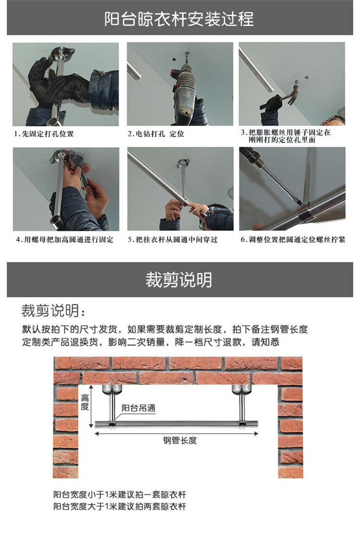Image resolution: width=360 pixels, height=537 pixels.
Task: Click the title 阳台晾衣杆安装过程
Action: pyautogui.click(x=179, y=19)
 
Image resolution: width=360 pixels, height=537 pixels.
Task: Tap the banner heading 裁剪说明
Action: pyautogui.click(x=179, y=280)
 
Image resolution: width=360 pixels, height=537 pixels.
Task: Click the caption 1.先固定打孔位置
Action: pyautogui.click(x=44, y=134)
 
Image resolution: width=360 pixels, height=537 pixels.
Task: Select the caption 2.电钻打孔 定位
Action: pyautogui.click(x=156, y=134)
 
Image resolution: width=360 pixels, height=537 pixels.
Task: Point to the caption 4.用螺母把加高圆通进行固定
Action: pyautogui.click(x=65, y=239)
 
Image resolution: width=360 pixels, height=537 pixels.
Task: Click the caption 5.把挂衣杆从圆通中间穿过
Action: pyautogui.click(x=173, y=239)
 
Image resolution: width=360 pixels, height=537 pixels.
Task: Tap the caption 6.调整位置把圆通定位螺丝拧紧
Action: pyautogui.click(x=293, y=239)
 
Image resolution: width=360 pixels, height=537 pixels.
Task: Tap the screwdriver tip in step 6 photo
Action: pyautogui.click(x=300, y=204)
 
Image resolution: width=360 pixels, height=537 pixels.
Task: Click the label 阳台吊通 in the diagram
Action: pyautogui.click(x=139, y=408)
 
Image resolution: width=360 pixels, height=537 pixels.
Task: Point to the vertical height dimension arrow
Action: pyautogui.click(x=91, y=406)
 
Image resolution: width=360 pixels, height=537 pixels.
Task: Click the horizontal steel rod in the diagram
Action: pyautogui.click(x=177, y=425)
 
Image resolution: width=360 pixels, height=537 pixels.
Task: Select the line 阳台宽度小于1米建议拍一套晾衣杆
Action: pyautogui.click(x=120, y=495)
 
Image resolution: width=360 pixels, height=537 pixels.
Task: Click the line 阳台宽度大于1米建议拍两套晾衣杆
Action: pyautogui.click(x=120, y=506)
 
